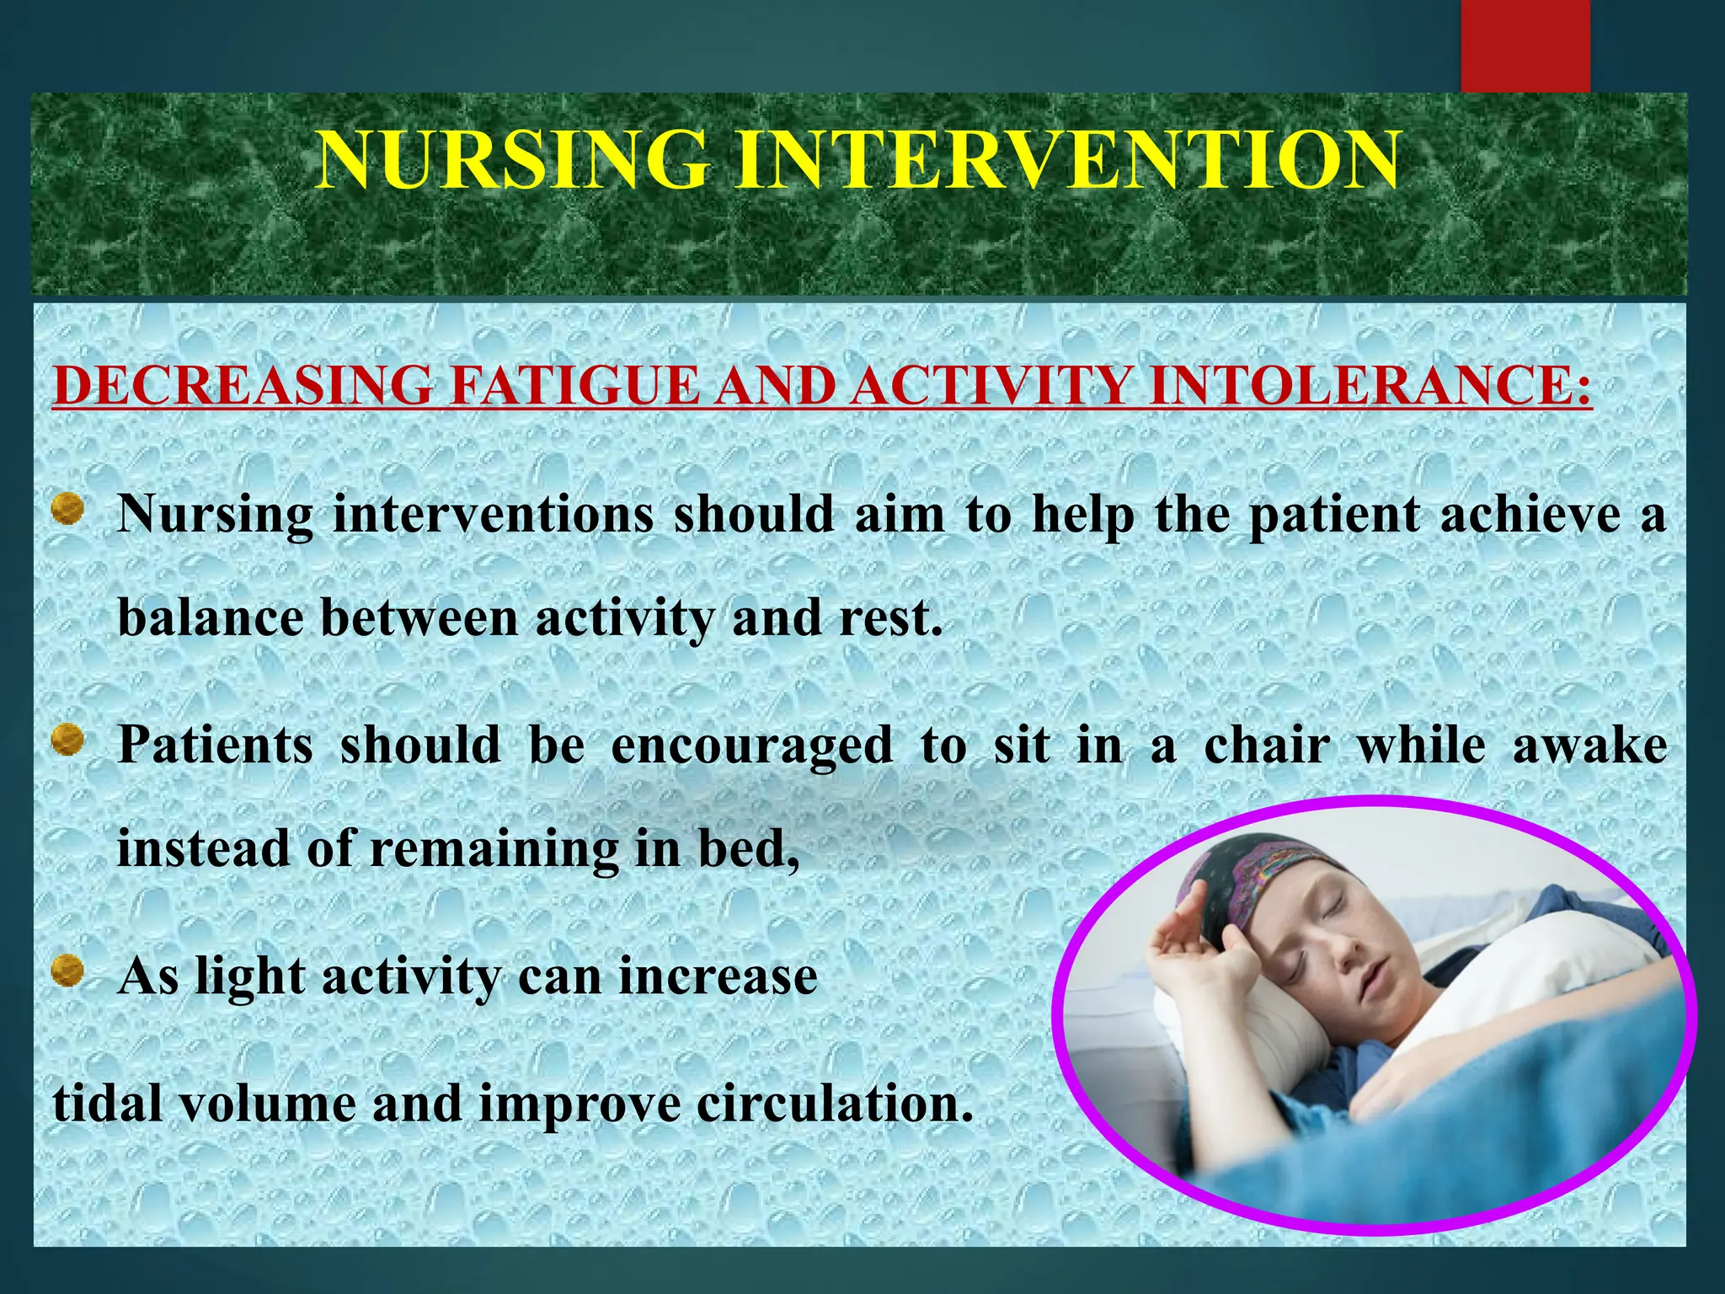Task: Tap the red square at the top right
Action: click(x=1525, y=46)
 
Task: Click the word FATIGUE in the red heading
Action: click(x=574, y=385)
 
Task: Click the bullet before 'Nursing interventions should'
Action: click(x=67, y=510)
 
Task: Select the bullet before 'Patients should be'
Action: click(x=67, y=741)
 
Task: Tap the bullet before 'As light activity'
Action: click(x=67, y=971)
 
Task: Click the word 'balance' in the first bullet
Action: click(x=211, y=618)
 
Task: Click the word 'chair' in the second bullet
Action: click(x=1268, y=746)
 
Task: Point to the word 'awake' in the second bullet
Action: click(x=1589, y=746)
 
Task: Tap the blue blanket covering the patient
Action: click(x=1516, y=1129)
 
